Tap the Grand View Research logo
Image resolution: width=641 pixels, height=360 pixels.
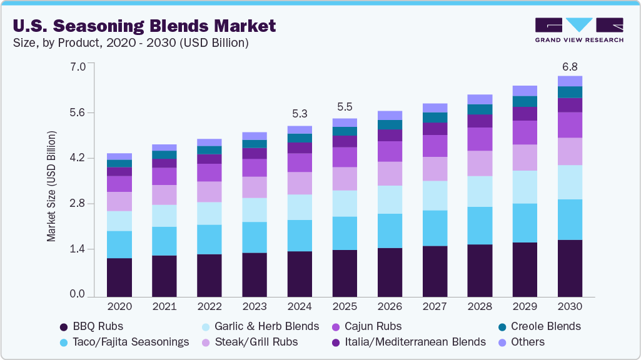tap(579, 30)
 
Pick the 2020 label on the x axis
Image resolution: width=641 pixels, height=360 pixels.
tap(119, 307)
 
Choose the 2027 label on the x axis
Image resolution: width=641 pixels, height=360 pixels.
tap(435, 307)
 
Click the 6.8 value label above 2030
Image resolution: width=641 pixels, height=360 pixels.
tap(570, 66)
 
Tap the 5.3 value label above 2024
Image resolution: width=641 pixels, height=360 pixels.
tap(300, 114)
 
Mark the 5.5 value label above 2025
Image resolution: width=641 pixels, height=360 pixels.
tap(345, 107)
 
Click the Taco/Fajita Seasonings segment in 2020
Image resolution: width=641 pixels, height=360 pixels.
tap(119, 244)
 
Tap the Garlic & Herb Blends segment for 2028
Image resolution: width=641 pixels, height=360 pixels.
tap(480, 191)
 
